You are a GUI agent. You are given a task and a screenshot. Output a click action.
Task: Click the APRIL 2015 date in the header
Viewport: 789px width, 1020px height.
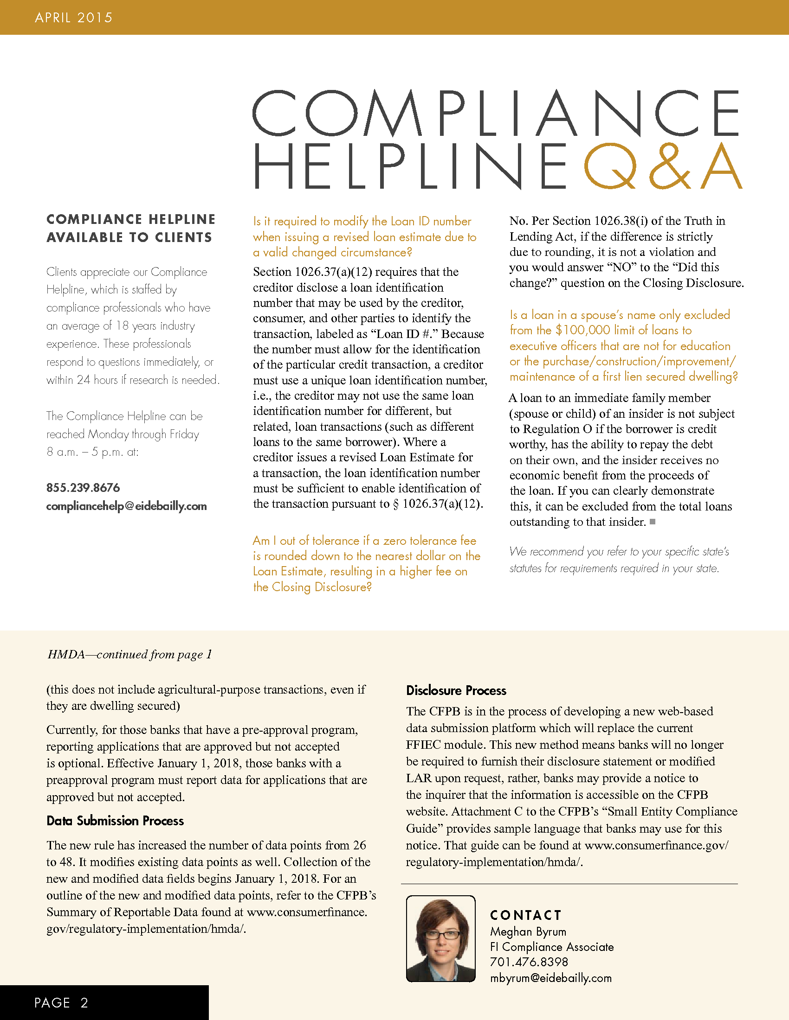(73, 18)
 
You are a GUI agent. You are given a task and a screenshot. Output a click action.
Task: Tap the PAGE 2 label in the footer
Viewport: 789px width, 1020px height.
(61, 1002)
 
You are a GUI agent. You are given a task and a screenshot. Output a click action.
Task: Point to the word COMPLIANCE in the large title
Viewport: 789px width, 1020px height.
(496, 113)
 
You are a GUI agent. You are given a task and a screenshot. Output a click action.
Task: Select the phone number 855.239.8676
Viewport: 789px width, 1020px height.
(83, 488)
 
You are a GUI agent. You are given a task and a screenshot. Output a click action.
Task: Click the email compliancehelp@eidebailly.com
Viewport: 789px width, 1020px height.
(126, 506)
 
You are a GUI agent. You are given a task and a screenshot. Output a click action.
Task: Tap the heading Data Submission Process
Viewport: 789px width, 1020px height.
(115, 821)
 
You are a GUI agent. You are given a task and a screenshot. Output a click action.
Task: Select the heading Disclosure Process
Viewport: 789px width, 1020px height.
(456, 690)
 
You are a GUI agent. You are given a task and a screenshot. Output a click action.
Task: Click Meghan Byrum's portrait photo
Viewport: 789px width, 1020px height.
(440, 939)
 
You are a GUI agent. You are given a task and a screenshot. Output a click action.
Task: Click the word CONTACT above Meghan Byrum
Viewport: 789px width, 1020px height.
(525, 915)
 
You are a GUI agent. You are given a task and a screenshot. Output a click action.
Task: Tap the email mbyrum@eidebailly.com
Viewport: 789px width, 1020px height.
(550, 978)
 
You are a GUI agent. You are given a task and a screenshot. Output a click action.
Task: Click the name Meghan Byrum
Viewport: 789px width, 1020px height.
(528, 931)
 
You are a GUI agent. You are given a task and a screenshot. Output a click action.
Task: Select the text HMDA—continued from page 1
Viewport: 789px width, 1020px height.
(129, 654)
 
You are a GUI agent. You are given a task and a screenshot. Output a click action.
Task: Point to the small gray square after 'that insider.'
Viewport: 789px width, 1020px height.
(653, 522)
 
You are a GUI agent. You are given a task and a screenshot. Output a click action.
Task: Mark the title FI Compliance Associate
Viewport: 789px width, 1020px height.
(551, 947)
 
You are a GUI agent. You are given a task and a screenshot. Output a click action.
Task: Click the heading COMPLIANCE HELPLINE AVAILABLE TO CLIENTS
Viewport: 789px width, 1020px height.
(130, 228)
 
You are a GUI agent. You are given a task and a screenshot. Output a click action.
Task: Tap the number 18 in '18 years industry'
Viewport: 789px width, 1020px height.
(122, 325)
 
